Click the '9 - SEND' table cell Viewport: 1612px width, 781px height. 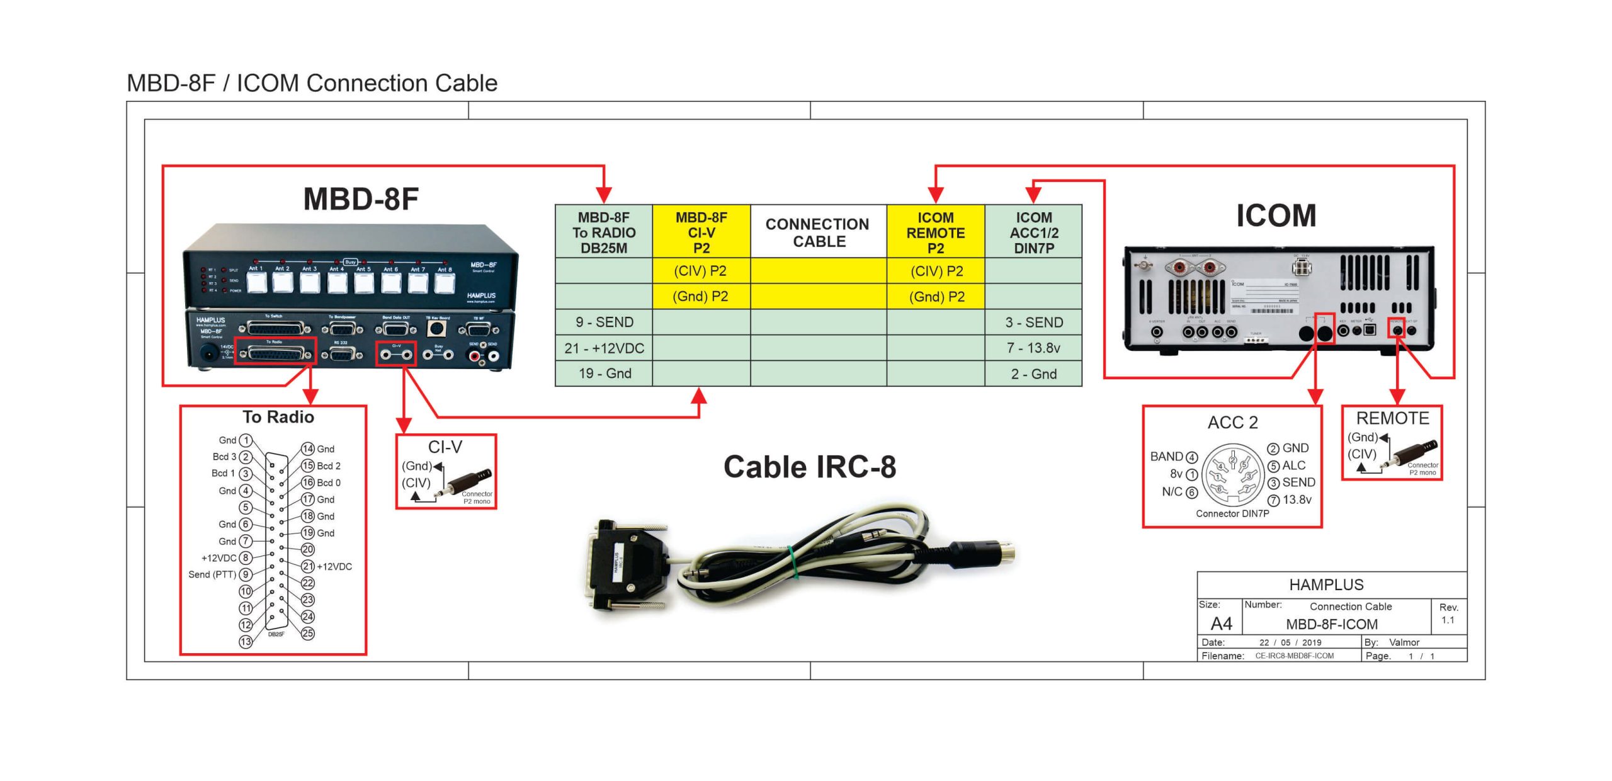point(604,322)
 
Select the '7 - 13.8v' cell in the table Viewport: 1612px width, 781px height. point(1033,348)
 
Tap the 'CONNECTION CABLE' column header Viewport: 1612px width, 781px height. point(818,232)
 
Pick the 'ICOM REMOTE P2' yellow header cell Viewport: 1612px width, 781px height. point(935,232)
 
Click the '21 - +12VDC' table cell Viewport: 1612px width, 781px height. point(604,348)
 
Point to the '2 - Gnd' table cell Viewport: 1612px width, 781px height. point(1033,373)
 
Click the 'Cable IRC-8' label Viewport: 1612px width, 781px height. point(809,467)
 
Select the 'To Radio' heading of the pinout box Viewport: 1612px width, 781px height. point(278,417)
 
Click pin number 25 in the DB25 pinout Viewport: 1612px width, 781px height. point(307,633)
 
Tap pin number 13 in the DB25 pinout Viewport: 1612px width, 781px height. point(246,641)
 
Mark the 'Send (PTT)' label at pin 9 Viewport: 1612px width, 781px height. point(212,574)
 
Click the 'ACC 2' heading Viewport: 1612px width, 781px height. point(1232,422)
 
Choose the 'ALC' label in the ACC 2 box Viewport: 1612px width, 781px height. point(1294,465)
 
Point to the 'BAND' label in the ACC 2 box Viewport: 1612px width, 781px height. point(1166,457)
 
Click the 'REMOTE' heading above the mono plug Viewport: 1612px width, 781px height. point(1392,418)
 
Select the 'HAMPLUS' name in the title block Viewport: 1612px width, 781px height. point(1326,584)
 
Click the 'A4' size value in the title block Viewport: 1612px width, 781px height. point(1221,624)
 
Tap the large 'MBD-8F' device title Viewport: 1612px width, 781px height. point(361,199)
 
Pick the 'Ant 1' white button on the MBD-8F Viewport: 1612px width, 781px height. point(256,283)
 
